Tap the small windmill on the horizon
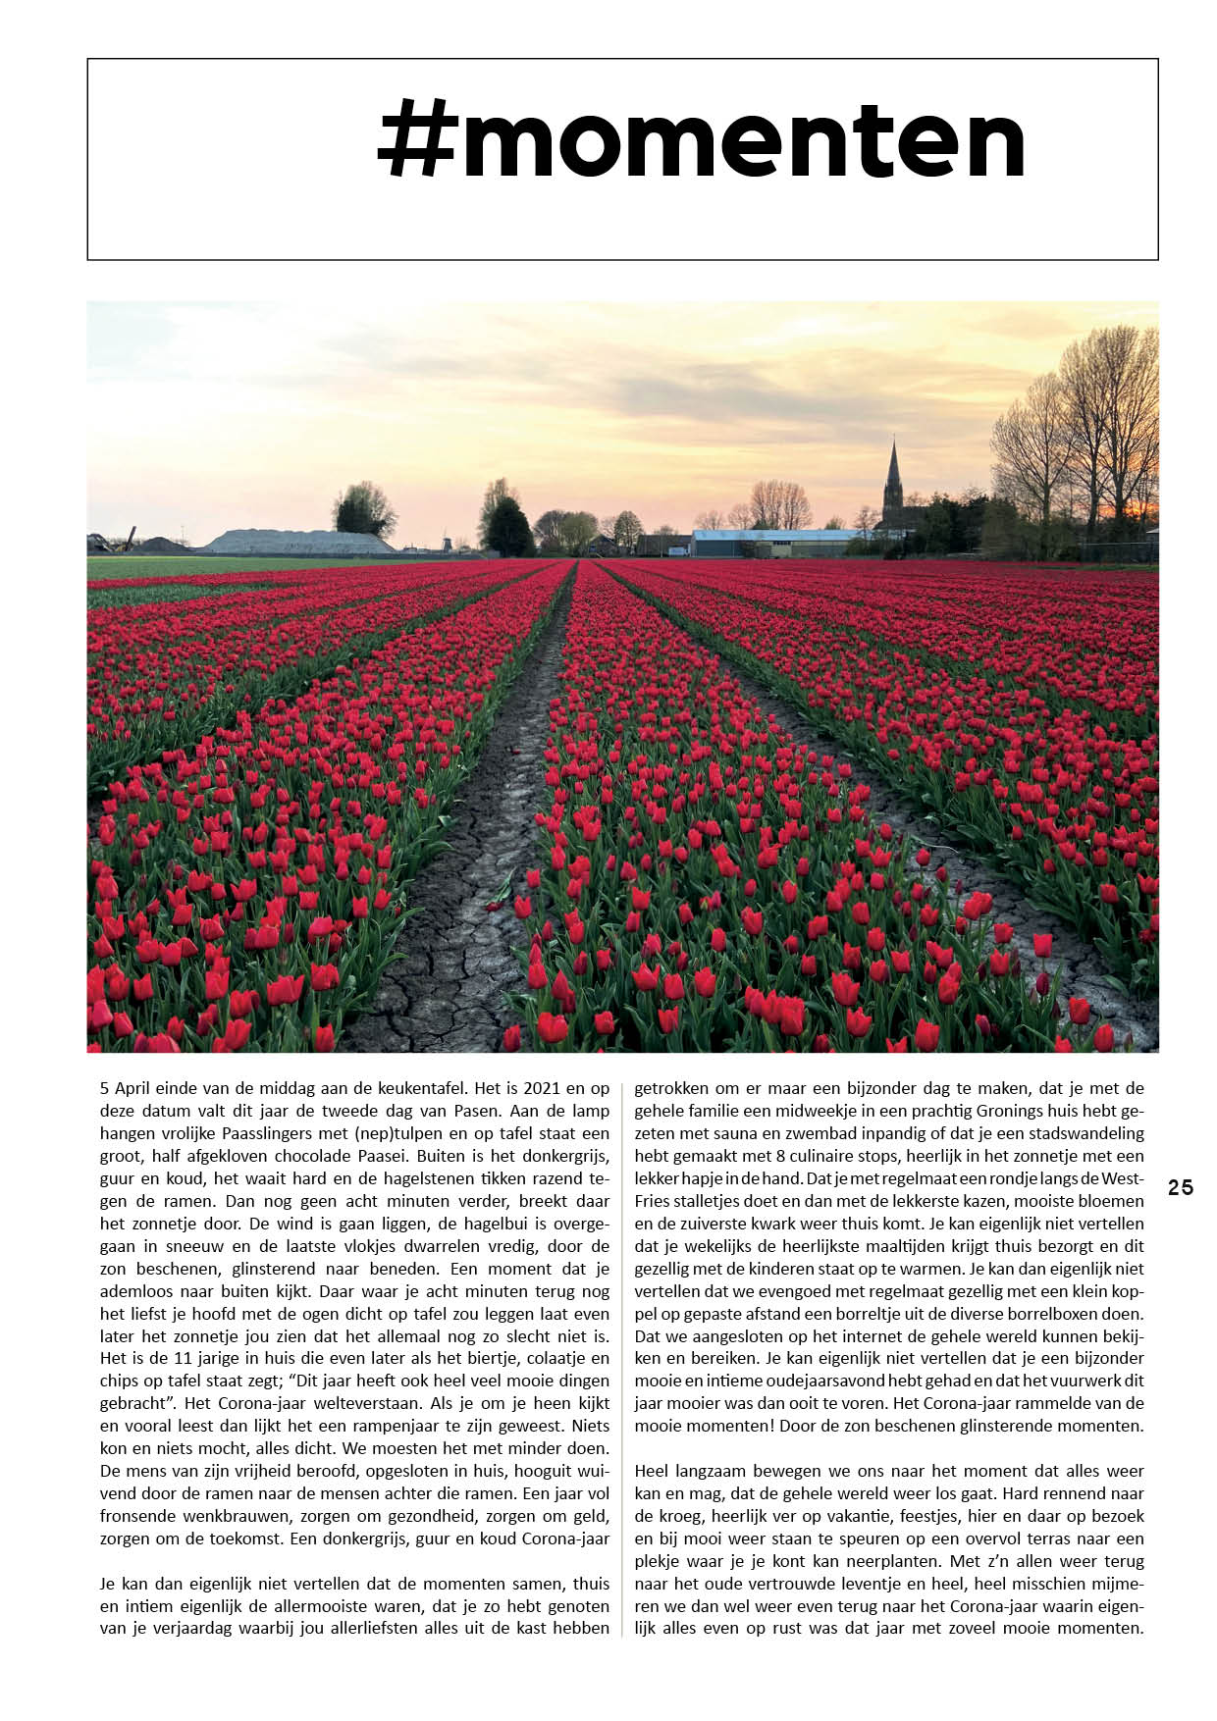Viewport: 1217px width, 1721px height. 447,542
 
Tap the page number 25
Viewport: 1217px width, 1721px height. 1181,1188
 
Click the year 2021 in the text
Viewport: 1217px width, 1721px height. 544,1088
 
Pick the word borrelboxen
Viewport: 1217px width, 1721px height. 1097,1314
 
